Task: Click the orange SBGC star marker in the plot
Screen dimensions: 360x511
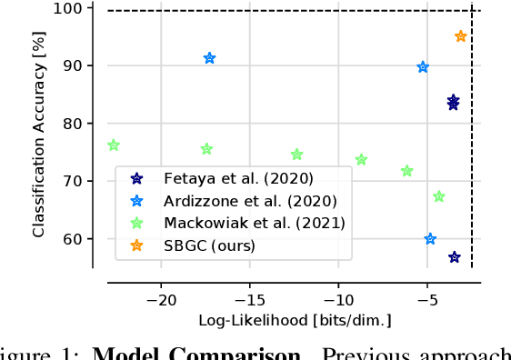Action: point(461,36)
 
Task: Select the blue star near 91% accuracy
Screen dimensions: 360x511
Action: point(210,58)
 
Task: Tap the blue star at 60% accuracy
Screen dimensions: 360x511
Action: point(430,239)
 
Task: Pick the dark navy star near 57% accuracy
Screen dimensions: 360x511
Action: point(455,257)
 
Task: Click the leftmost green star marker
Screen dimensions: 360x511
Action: point(114,145)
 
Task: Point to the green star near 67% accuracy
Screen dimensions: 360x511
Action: point(439,196)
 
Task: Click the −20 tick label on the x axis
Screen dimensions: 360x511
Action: point(161,300)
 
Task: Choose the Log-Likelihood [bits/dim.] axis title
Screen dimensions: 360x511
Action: point(296,320)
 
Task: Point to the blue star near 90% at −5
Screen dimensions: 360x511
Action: point(423,67)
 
